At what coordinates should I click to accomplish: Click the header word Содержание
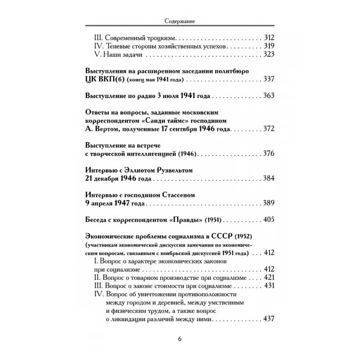point(180,21)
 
